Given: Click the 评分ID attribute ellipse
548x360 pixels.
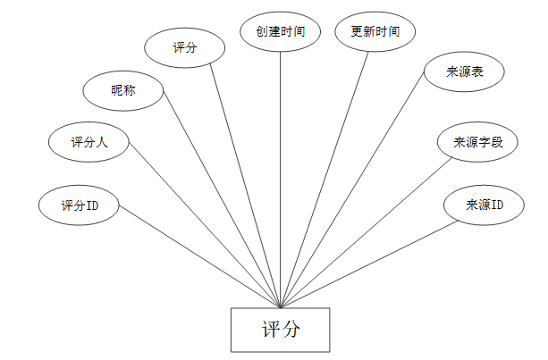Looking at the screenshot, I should pyautogui.click(x=79, y=205).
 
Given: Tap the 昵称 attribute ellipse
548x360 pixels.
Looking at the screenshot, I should pyautogui.click(x=123, y=90).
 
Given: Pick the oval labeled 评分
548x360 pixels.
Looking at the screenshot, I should pyautogui.click(x=185, y=48).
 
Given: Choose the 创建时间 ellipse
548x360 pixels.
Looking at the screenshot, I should pyautogui.click(x=281, y=32).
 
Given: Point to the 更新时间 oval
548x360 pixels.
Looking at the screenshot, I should pyautogui.click(x=375, y=32).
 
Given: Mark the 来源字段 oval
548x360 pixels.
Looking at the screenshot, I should pyautogui.click(x=478, y=143).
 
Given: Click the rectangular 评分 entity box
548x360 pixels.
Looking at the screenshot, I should pyautogui.click(x=281, y=330).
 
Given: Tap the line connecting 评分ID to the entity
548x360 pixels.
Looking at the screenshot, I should pyautogui.click(x=199, y=257).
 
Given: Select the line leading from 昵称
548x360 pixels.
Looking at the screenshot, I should pyautogui.click(x=219, y=204).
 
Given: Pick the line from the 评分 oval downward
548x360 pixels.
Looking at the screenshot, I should pyautogui.click(x=246, y=186).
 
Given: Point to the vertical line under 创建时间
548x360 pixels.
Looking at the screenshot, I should pyautogui.click(x=281, y=179).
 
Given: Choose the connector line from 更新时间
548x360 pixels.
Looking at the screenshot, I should pyautogui.click(x=324, y=179).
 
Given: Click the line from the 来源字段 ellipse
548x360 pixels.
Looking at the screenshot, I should pyautogui.click(x=367, y=232).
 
